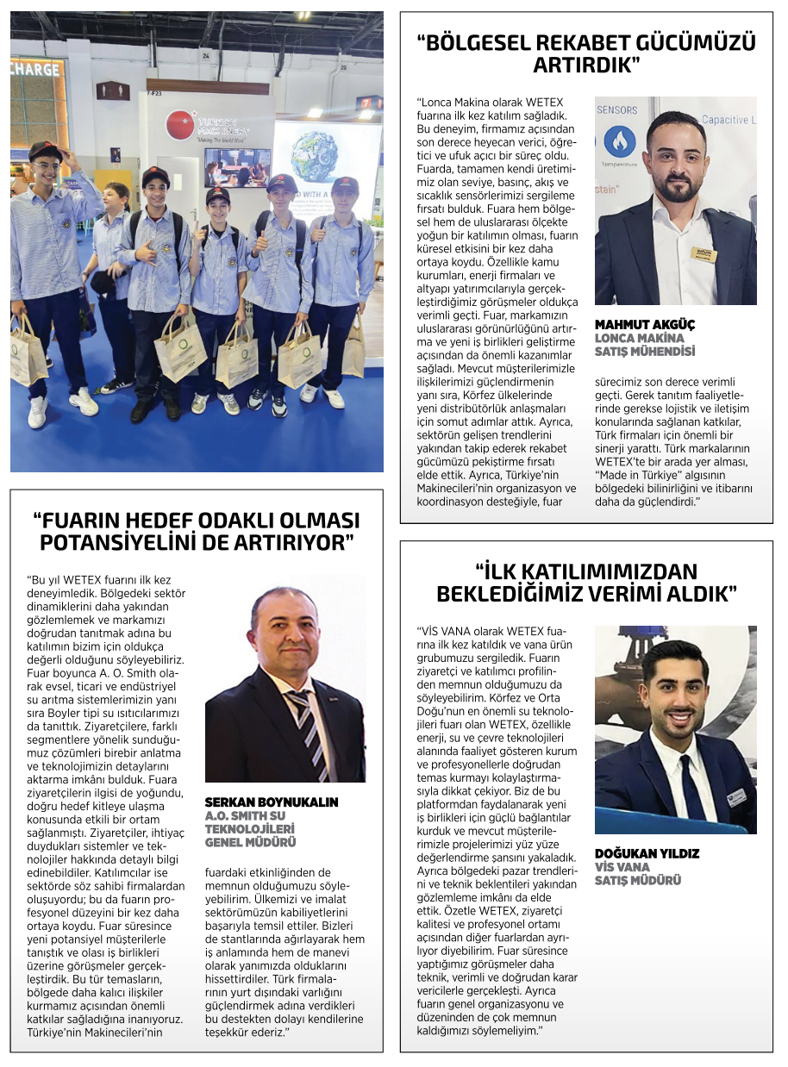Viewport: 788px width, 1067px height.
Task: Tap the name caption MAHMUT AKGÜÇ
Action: [x=645, y=325]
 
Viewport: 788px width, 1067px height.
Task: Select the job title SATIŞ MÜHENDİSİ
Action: [x=645, y=351]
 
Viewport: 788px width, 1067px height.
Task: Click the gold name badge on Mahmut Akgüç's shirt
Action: [x=705, y=253]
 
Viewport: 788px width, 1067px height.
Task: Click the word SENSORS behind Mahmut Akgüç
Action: [x=617, y=110]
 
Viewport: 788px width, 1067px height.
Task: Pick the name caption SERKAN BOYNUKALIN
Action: [x=272, y=802]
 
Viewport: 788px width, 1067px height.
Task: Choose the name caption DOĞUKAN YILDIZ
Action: [x=647, y=853]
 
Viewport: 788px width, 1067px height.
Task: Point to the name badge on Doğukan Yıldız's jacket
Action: [x=735, y=797]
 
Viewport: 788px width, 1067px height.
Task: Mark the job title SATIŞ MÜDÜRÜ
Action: [x=638, y=880]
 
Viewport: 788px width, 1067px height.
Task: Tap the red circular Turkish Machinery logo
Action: [x=180, y=125]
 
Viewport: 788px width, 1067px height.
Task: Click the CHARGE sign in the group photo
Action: [x=36, y=68]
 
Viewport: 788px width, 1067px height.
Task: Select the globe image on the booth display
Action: [x=314, y=156]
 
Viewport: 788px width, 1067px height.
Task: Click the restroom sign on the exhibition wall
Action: [x=113, y=90]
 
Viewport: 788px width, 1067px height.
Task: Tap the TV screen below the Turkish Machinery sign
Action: [x=237, y=167]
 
